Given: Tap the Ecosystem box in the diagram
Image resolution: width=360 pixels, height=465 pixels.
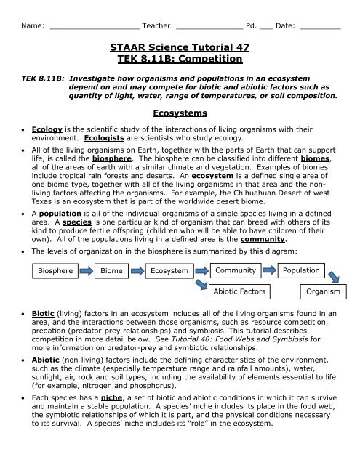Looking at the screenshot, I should click(x=169, y=271).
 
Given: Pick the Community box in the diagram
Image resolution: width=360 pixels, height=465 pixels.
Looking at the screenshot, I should click(x=234, y=270).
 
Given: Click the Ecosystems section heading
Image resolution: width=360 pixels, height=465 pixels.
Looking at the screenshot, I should click(x=180, y=113).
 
